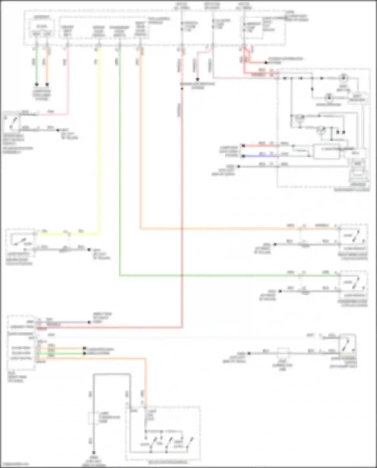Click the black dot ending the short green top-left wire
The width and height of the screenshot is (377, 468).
[x=37, y=84]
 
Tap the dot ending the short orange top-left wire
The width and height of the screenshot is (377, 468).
[x=47, y=84]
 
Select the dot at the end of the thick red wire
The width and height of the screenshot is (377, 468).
[x=266, y=63]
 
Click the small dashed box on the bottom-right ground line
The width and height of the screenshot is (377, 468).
[x=283, y=353]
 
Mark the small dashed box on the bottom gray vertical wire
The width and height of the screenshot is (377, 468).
[x=93, y=418]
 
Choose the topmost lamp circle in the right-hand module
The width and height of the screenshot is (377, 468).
[x=343, y=78]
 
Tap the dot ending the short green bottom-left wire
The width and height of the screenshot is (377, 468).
[x=85, y=353]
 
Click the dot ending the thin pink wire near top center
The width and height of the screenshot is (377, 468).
[x=198, y=79]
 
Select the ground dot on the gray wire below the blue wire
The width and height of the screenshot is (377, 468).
[x=239, y=166]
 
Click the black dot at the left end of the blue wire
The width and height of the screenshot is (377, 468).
[x=243, y=156]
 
